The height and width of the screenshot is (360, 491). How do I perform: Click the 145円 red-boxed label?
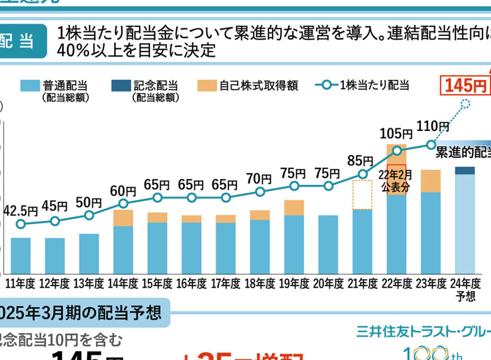click(x=465, y=86)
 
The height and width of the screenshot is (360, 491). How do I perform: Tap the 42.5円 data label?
click(x=21, y=210)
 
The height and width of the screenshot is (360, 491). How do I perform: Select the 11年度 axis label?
click(x=21, y=284)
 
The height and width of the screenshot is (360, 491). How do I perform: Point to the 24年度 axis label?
click(x=465, y=284)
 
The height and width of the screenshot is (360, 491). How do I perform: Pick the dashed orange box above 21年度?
click(x=362, y=194)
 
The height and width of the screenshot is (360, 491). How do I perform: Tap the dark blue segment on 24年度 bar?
click(x=465, y=171)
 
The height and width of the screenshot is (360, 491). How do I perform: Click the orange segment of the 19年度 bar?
click(x=294, y=208)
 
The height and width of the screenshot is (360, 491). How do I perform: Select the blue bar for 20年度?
click(x=328, y=244)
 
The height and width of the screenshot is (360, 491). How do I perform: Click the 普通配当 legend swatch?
click(x=29, y=86)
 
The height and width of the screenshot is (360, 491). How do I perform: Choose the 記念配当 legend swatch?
click(x=120, y=86)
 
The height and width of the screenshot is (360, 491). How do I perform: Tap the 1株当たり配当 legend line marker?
click(x=327, y=86)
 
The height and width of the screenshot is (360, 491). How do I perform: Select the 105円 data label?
click(x=396, y=133)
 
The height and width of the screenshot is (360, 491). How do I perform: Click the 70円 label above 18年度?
click(x=259, y=179)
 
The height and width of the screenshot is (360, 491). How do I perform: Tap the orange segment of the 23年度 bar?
click(x=430, y=181)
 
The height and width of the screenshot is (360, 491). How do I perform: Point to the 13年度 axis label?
click(x=89, y=284)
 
